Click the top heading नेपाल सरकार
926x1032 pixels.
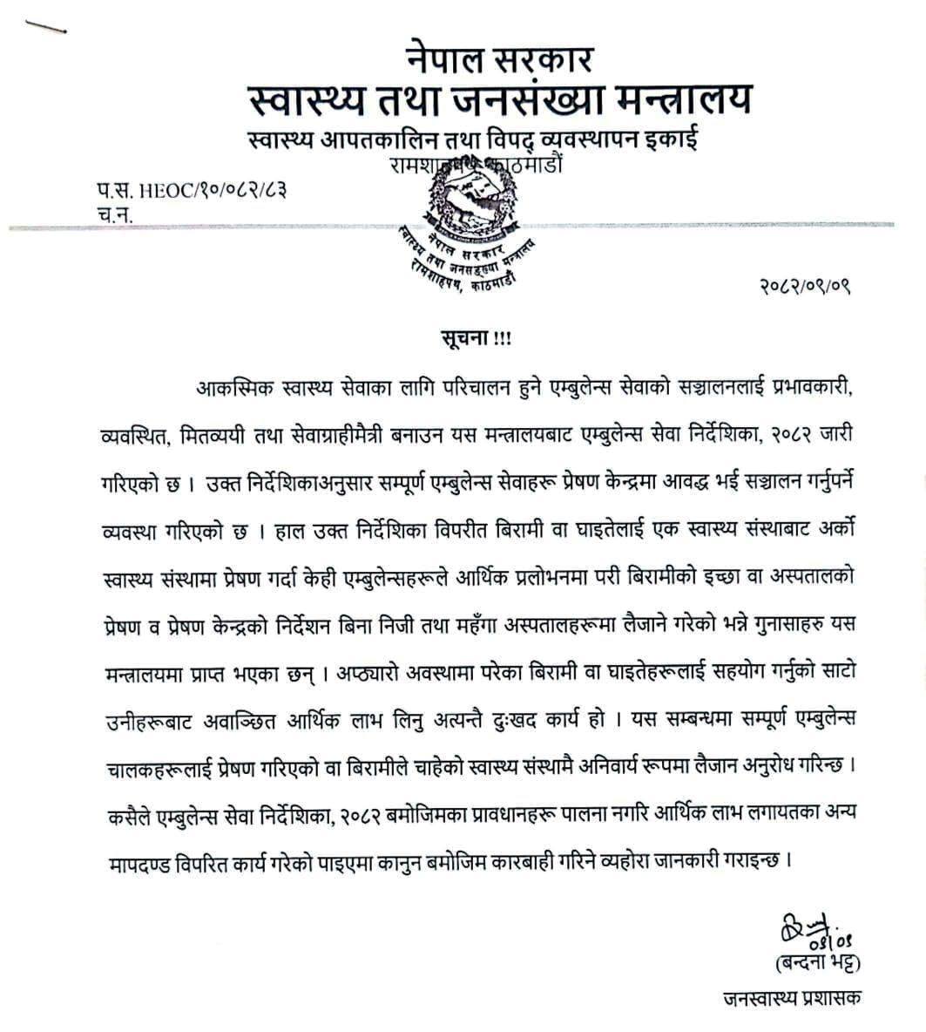[499, 61]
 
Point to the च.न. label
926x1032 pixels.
[114, 213]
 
